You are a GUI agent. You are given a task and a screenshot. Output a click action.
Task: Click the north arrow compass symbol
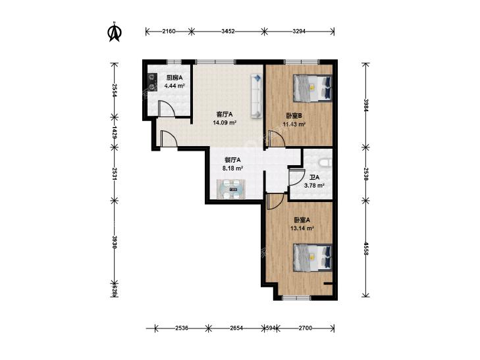[x=115, y=32]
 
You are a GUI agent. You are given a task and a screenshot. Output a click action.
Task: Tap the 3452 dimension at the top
[x=228, y=31]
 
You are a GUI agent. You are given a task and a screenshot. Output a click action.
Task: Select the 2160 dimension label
[x=169, y=31]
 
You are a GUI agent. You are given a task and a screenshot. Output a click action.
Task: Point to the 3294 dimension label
[x=299, y=31]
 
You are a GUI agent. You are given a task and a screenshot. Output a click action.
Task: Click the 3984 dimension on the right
[x=365, y=105]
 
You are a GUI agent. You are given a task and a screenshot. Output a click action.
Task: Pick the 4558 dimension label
[x=365, y=248]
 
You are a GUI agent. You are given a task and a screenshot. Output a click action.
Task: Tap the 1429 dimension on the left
[x=115, y=132]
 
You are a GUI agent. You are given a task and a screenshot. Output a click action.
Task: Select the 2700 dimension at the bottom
[x=306, y=328]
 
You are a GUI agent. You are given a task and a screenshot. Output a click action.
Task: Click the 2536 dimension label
[x=182, y=328]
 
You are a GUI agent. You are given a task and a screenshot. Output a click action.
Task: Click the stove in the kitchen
[x=151, y=82]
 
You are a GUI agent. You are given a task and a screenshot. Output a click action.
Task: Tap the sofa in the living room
[x=257, y=95]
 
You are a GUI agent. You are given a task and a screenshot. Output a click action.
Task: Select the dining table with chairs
[x=231, y=190]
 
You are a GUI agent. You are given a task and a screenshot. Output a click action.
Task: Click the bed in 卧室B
[x=313, y=88]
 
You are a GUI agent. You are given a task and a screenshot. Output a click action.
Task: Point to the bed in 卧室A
[x=313, y=257]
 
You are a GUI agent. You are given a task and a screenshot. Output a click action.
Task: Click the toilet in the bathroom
[x=325, y=163]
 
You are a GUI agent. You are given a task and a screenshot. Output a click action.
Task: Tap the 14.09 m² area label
[x=225, y=123]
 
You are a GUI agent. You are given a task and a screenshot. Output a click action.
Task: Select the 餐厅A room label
[x=232, y=160]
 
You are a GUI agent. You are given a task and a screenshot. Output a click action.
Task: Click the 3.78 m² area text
[x=314, y=185]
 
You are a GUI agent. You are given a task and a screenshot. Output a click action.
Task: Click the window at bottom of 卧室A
[x=296, y=297]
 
